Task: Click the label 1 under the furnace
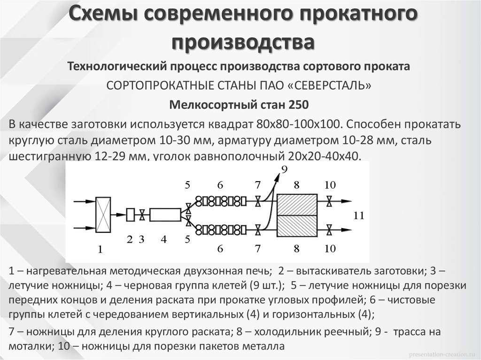pos(99,250)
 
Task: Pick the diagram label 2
pos(130,239)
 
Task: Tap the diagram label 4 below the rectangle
pos(163,239)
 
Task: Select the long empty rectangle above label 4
pos(165,215)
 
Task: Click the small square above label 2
pos(130,214)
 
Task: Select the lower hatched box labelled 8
pos(297,226)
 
